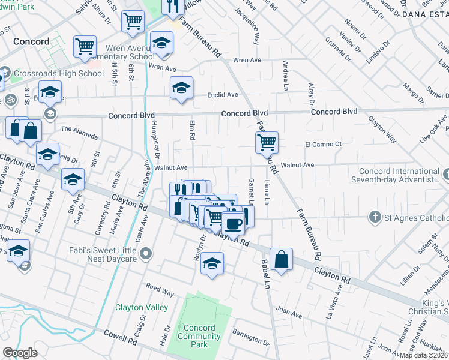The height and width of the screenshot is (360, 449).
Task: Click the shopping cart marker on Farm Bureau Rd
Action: point(267,143)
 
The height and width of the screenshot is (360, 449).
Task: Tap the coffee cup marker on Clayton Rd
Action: point(234,224)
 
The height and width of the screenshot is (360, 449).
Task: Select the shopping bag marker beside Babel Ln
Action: point(281,259)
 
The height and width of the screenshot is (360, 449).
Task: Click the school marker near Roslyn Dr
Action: point(212,263)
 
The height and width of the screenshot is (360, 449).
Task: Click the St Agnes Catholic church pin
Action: point(375,217)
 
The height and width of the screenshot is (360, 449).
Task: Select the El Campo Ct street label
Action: point(323,145)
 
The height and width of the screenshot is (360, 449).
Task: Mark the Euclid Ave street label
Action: point(223,95)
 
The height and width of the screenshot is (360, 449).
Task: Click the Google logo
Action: point(20,352)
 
